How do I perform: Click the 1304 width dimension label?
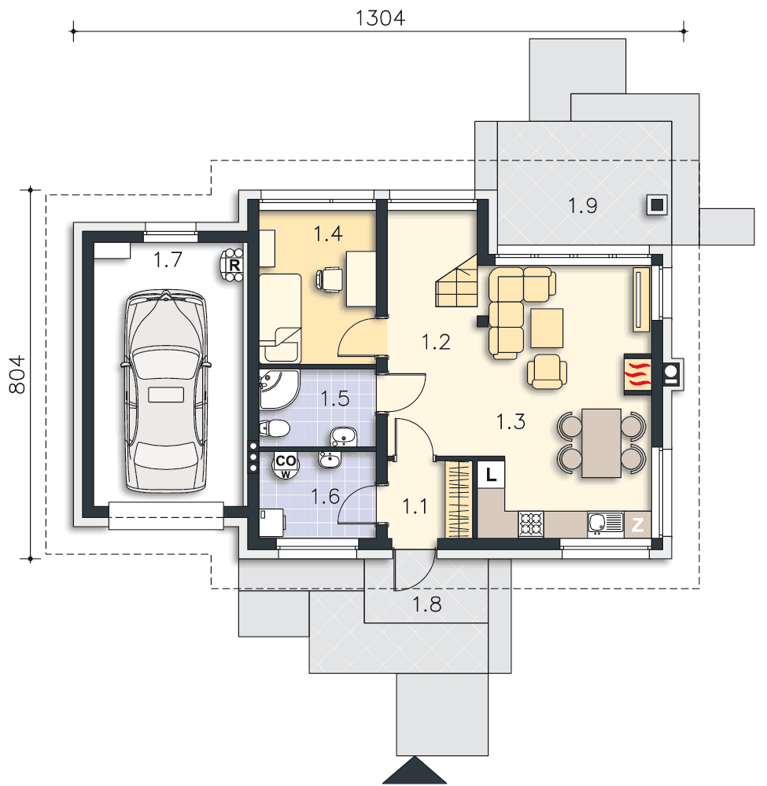coord(380,19)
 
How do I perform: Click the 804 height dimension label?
coord(18,374)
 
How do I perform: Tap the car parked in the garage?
coord(165,391)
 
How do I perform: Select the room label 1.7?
coord(168,259)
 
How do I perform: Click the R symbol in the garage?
coord(233,265)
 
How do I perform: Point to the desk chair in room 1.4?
coord(329,279)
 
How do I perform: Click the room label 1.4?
coord(327,233)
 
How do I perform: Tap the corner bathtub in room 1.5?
coord(278,389)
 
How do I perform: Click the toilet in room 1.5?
coord(275,428)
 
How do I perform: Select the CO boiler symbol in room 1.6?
coord(286,465)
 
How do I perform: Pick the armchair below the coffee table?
coord(547,372)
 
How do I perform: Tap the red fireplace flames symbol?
coord(637,374)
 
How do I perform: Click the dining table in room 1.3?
coord(602,443)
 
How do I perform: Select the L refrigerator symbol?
coord(491,474)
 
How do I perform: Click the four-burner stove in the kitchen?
coord(531,524)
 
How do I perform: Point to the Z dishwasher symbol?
coord(637,525)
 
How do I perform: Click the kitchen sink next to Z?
coord(606,524)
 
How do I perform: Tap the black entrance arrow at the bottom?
coord(415,770)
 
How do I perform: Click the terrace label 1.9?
coord(582,206)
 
